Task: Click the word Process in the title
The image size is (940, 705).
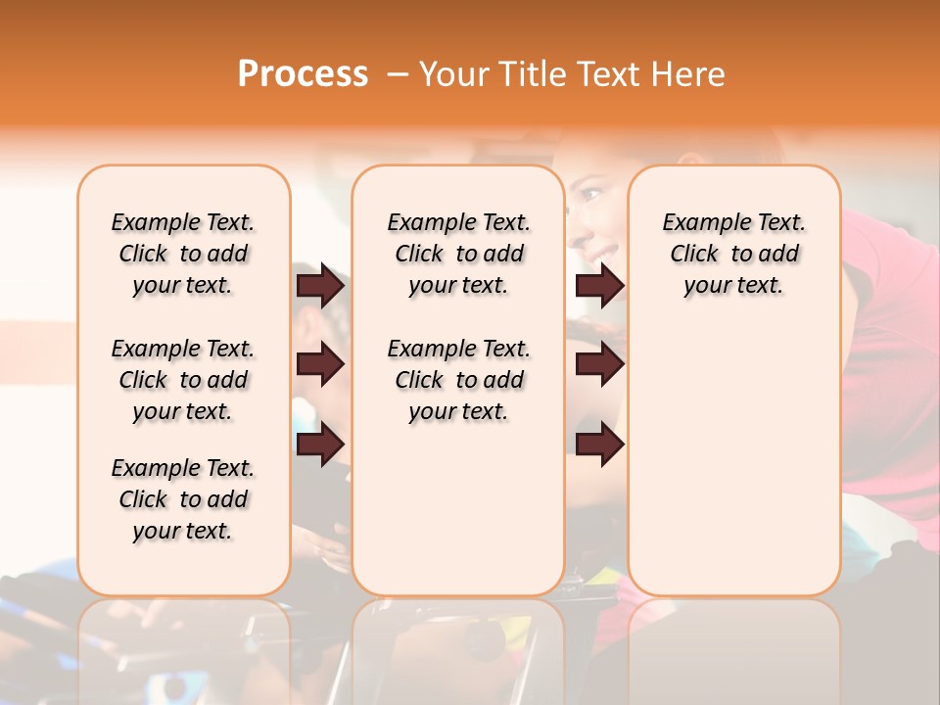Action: (x=303, y=74)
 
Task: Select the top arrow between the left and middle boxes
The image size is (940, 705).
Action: (x=320, y=285)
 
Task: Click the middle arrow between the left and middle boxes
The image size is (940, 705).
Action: (x=320, y=365)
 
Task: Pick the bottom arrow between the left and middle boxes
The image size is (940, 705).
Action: (x=320, y=445)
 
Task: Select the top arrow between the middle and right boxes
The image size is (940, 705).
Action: (x=599, y=285)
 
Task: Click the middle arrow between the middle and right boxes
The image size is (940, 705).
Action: (x=599, y=365)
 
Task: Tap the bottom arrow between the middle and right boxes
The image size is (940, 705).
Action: (x=599, y=445)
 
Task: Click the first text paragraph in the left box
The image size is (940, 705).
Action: (x=183, y=254)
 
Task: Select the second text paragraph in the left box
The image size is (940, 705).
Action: (x=183, y=380)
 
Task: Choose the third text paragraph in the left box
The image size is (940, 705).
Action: (x=183, y=499)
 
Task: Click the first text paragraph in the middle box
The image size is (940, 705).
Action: (x=459, y=254)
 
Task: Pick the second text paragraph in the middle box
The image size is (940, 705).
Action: (x=459, y=380)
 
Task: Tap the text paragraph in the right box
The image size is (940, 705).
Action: (x=734, y=254)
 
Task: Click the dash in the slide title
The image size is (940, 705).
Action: (x=398, y=74)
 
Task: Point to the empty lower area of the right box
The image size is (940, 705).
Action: (x=734, y=460)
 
